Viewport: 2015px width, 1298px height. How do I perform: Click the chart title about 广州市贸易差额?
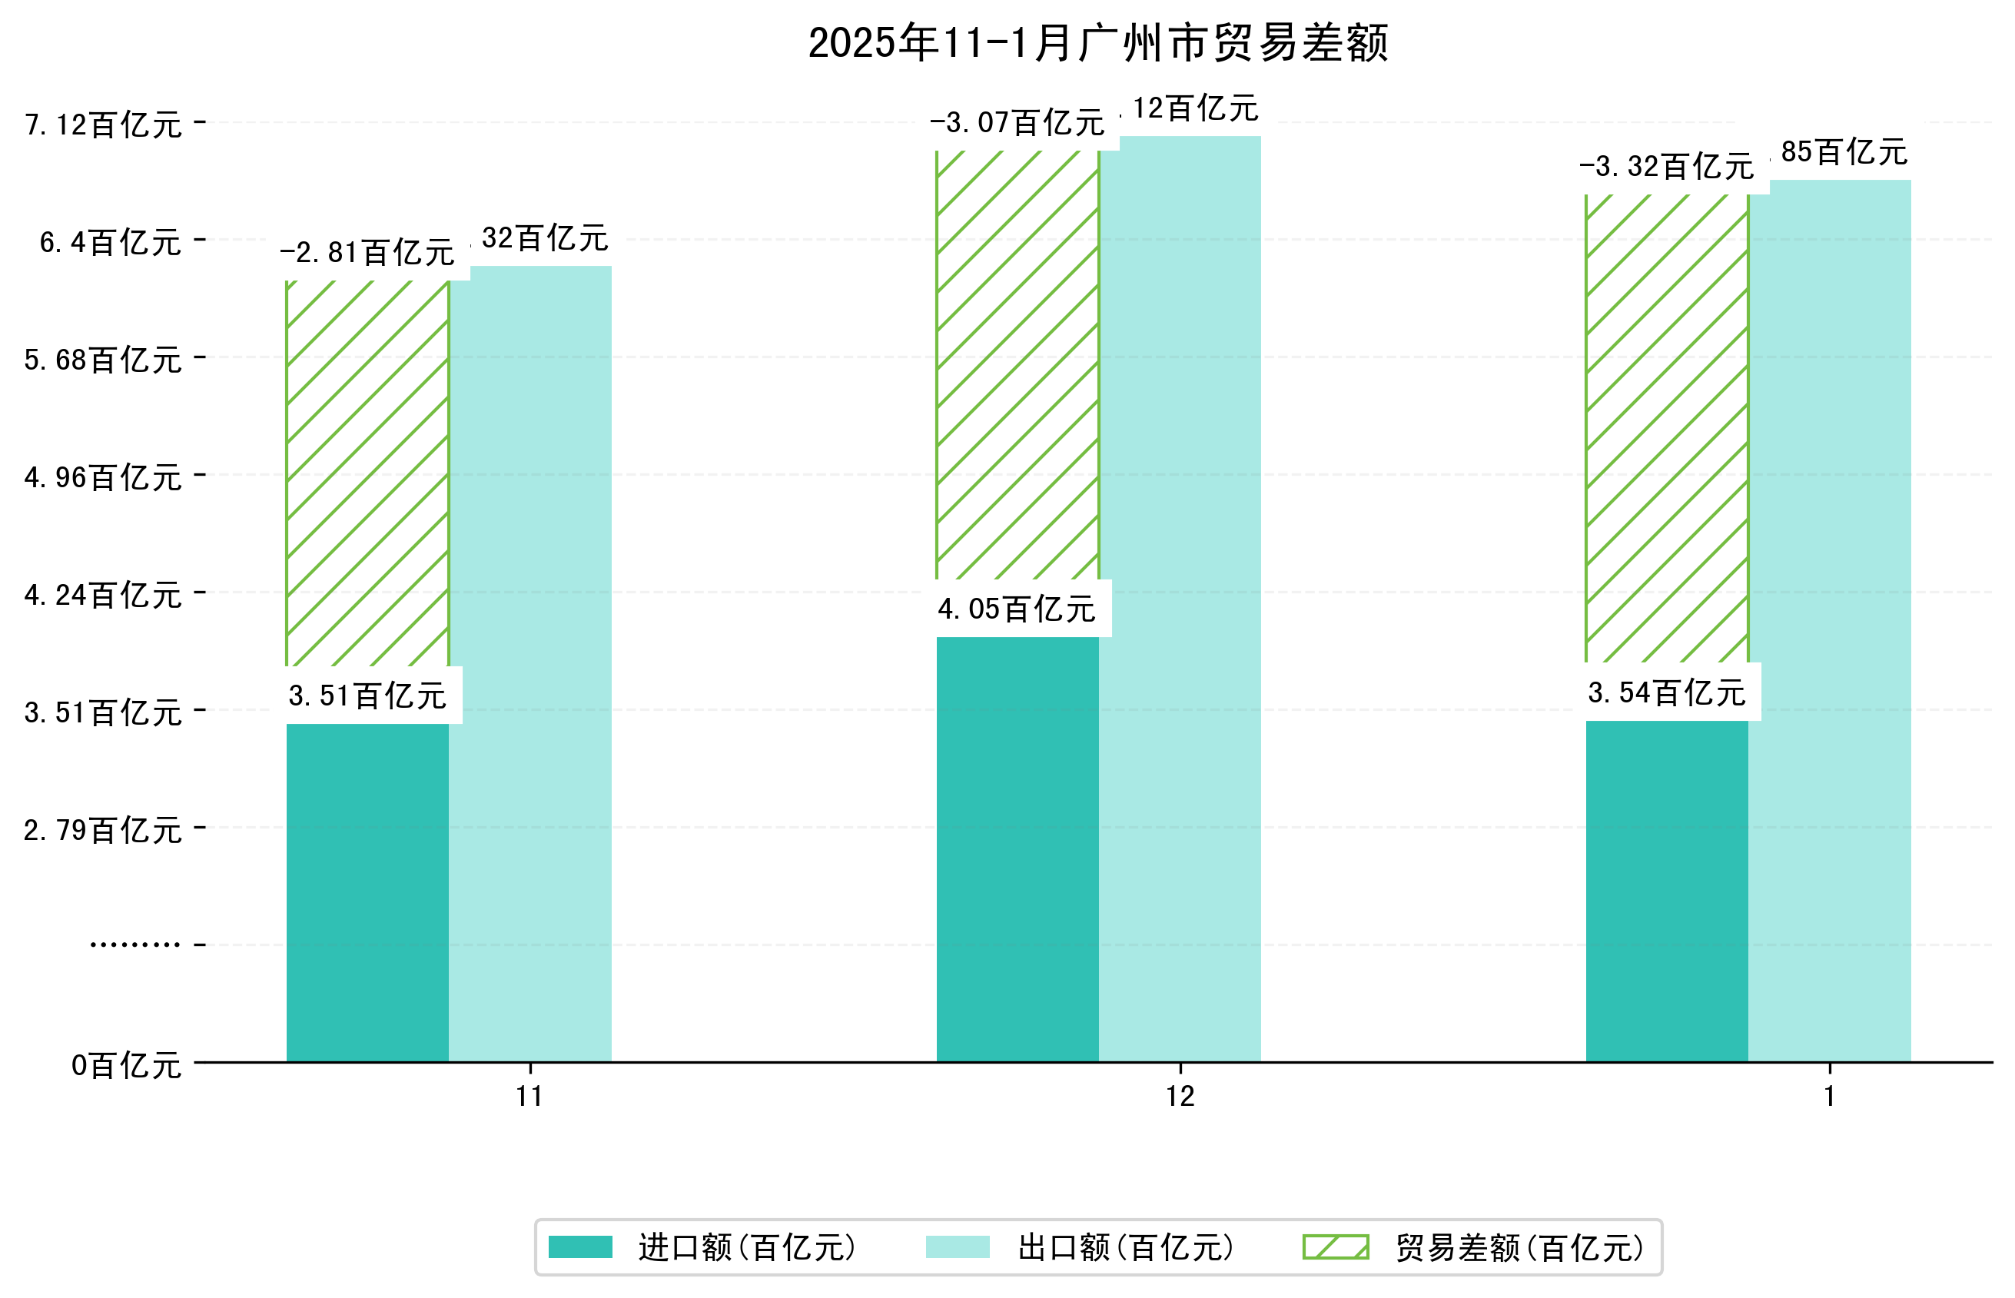(x=1097, y=43)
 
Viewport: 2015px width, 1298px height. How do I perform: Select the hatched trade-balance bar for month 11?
(x=367, y=473)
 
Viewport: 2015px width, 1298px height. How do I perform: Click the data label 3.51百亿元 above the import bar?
(x=367, y=696)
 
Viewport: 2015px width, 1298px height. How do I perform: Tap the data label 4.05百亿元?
(x=1017, y=609)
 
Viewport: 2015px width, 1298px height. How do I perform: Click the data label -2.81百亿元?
(x=367, y=252)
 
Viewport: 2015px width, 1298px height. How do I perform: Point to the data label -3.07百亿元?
(x=1017, y=123)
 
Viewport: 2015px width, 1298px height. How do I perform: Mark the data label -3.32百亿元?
(x=1666, y=166)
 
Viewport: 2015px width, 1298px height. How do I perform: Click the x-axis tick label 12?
(x=1180, y=1097)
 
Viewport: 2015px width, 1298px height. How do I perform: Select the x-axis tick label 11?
(x=529, y=1097)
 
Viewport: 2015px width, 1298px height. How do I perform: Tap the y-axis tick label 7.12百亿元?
(x=103, y=124)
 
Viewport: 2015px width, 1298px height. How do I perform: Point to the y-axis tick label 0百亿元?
(x=125, y=1065)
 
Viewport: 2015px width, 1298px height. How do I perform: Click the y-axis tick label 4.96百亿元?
(x=103, y=478)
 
